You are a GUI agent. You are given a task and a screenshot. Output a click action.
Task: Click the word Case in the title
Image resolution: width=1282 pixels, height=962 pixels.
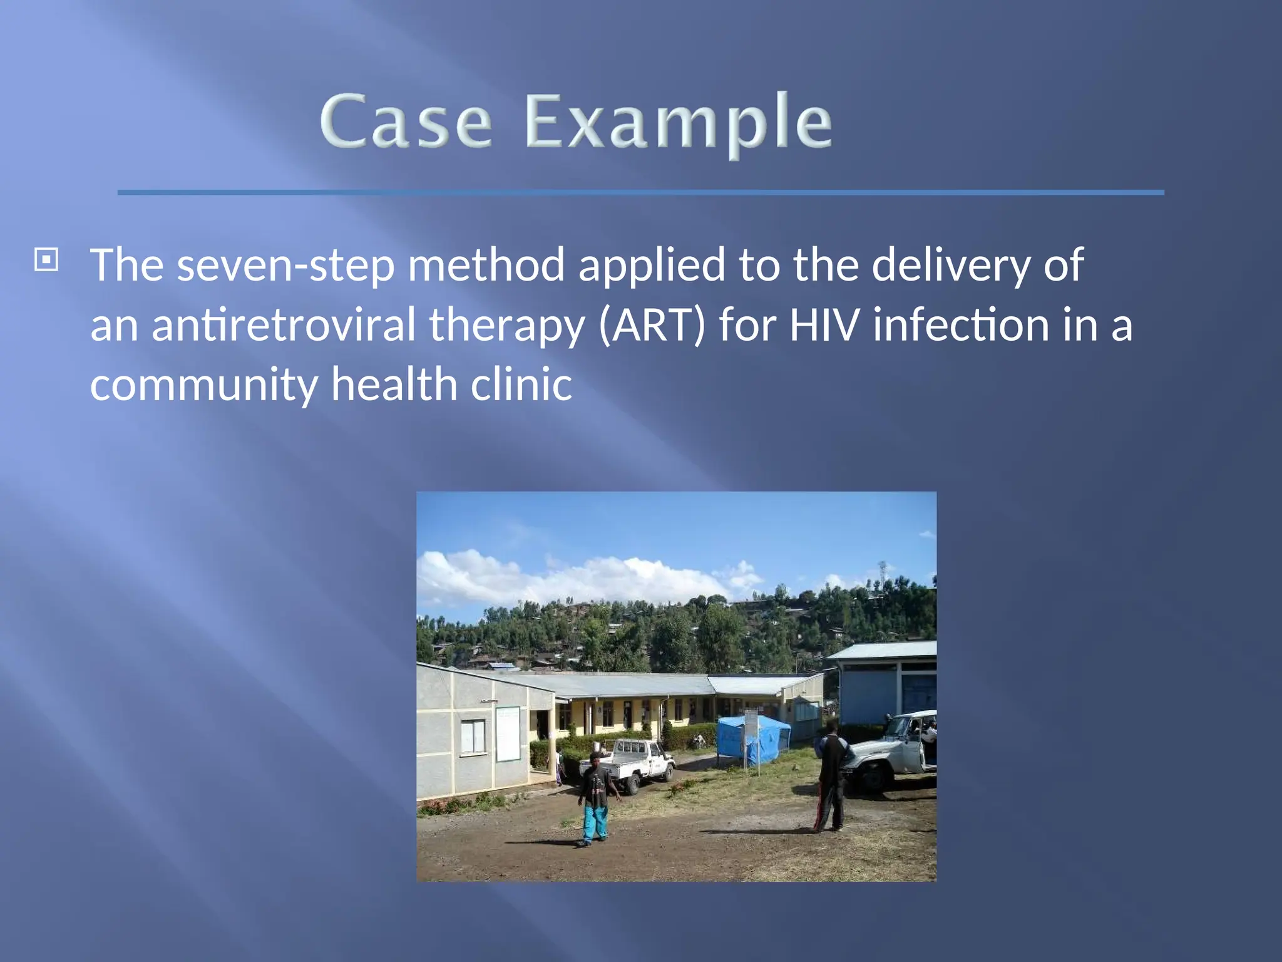[x=406, y=122]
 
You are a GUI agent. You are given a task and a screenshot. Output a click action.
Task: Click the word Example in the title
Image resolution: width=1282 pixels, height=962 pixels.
[x=679, y=122]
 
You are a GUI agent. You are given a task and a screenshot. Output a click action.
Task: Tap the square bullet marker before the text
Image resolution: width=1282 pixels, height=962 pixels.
[x=46, y=259]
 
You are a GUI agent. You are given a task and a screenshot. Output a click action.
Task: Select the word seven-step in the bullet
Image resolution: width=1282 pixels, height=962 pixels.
[x=285, y=266]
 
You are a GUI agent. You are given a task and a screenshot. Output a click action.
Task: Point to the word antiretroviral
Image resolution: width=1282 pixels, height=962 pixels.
[x=284, y=325]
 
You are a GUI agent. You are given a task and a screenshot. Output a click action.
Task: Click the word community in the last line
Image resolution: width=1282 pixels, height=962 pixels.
[x=204, y=385]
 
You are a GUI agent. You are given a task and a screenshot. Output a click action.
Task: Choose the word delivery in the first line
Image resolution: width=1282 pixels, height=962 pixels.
[x=950, y=266]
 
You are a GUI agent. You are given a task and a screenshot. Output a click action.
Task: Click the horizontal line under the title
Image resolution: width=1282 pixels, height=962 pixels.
[x=640, y=192]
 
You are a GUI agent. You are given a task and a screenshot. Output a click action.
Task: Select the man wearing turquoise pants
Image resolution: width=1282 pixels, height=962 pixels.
[x=595, y=801]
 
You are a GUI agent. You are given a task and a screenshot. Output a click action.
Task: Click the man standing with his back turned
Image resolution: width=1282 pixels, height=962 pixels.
[x=831, y=776]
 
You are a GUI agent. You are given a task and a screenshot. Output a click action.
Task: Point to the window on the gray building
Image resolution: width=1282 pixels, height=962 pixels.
[x=473, y=737]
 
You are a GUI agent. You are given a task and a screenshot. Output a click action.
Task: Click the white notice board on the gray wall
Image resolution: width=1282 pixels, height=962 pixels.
[x=508, y=733]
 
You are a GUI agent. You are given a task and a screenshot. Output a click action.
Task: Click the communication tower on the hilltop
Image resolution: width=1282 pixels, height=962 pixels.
[x=883, y=571]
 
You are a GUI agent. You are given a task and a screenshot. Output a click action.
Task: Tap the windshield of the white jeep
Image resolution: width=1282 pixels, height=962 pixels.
[x=901, y=727]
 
